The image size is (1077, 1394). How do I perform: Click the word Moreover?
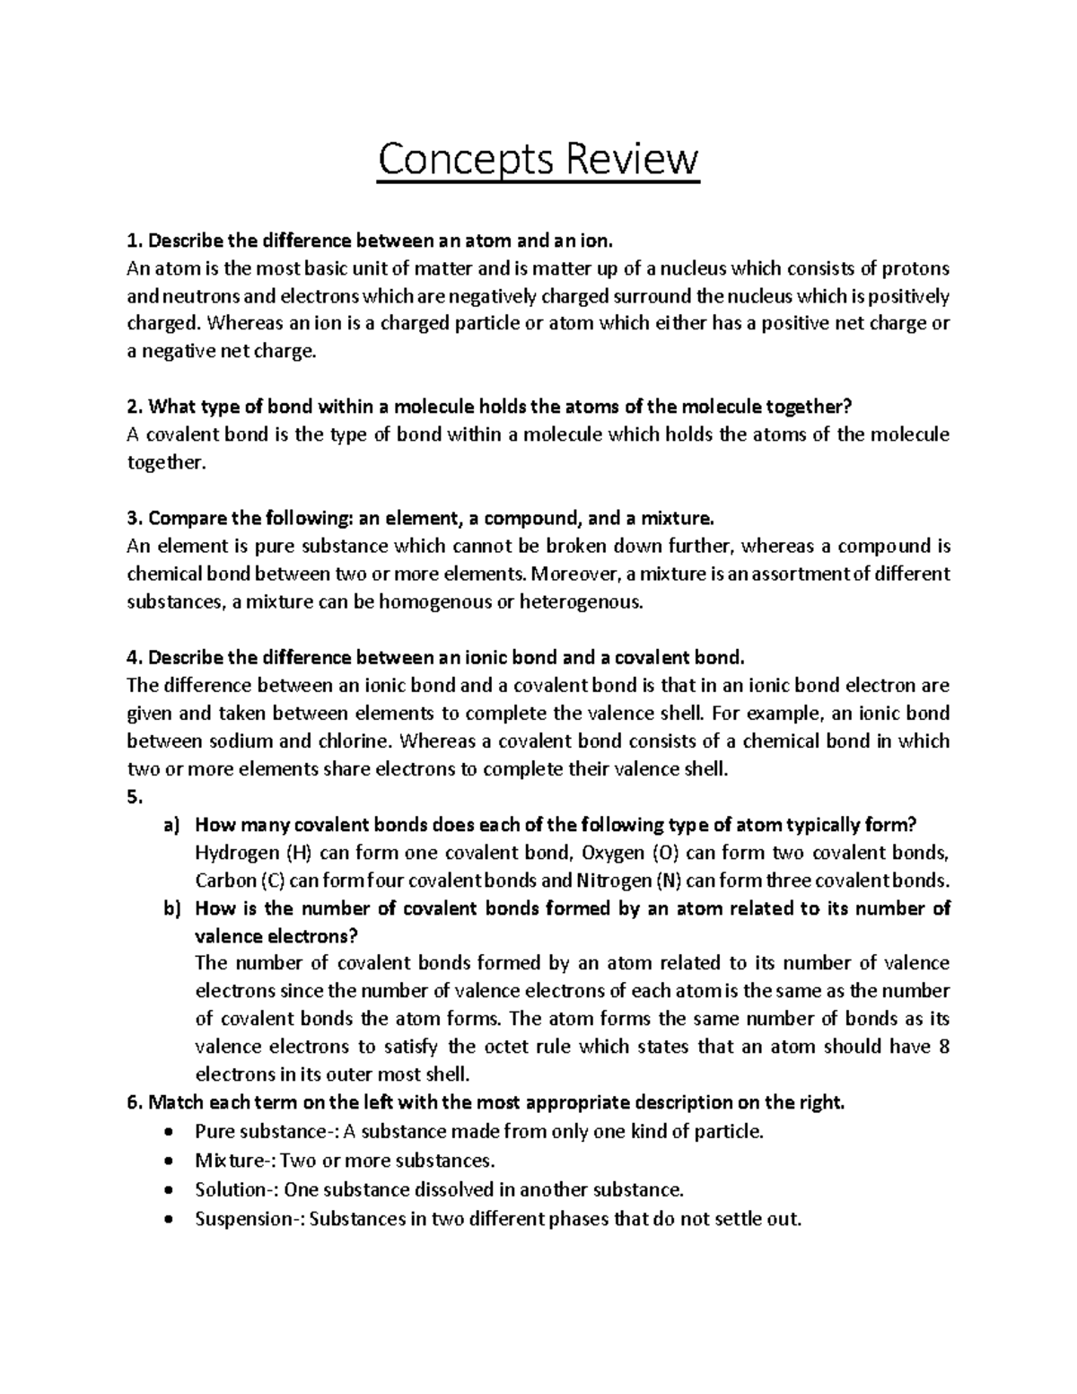[572, 574]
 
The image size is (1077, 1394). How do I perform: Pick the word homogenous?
[435, 602]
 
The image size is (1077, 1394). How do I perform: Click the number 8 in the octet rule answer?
[942, 1048]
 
